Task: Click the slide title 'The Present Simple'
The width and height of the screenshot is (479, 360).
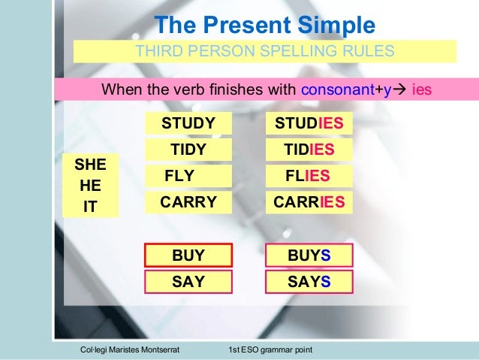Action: click(264, 26)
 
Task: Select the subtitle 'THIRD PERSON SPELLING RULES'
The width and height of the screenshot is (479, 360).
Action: click(264, 52)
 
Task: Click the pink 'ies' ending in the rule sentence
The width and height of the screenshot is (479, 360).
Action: click(423, 90)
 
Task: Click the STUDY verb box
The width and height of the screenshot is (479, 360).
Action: click(188, 123)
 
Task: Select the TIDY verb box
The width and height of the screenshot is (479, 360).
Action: click(188, 150)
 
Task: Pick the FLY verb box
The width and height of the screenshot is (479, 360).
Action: click(188, 176)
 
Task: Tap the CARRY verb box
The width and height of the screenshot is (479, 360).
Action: click(188, 202)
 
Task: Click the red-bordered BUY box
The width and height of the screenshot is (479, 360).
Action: click(188, 256)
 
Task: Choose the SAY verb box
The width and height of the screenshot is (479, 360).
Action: click(188, 282)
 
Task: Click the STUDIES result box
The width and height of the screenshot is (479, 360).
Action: click(309, 123)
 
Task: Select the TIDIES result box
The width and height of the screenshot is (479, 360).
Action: click(309, 150)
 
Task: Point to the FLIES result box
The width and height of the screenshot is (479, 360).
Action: click(309, 176)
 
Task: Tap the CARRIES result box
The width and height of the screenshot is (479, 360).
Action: click(309, 202)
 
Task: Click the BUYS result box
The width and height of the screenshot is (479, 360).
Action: click(309, 256)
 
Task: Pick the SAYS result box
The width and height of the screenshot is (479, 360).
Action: click(309, 282)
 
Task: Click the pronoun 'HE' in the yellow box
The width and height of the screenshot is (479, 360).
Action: click(90, 185)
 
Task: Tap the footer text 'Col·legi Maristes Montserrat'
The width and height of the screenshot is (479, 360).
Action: click(130, 351)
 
